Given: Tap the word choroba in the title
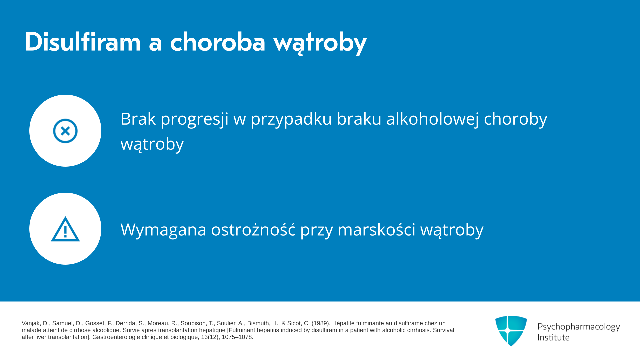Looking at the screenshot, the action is (218, 42).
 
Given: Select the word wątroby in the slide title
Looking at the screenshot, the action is (320, 43).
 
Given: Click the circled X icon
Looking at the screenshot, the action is (65, 131).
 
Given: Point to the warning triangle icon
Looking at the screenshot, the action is (65, 229).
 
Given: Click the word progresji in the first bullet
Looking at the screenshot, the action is (195, 119).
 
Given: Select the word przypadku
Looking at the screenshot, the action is (291, 119).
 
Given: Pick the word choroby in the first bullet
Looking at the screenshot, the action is (516, 119).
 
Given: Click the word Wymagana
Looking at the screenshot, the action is (163, 230).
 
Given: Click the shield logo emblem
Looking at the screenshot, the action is (511, 331).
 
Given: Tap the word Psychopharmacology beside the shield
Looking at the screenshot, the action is (579, 327).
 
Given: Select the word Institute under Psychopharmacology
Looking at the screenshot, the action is (553, 337).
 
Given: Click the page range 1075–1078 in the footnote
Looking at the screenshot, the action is (237, 337).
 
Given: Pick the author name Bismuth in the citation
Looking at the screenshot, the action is (258, 323).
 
